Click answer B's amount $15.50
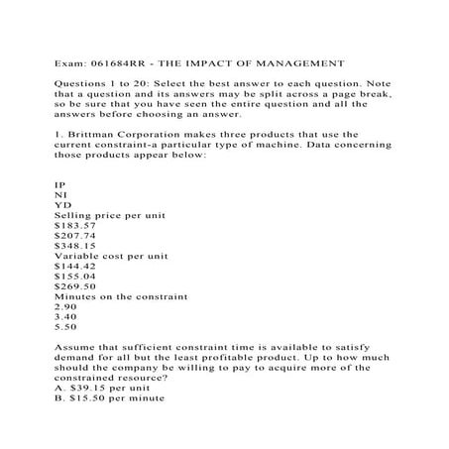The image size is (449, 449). (90, 401)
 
